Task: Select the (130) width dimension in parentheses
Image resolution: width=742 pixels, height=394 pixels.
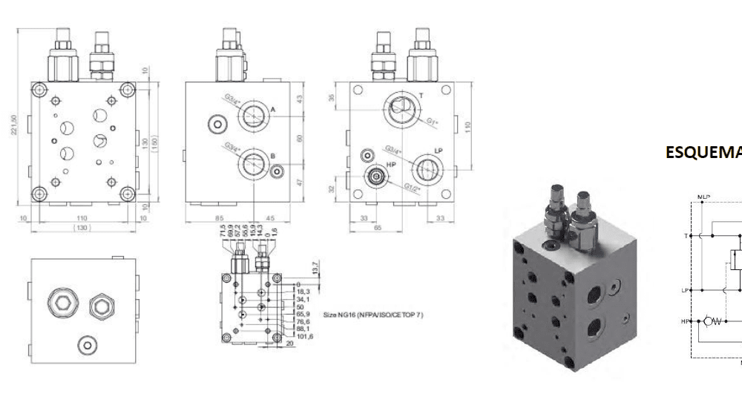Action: click(x=82, y=227)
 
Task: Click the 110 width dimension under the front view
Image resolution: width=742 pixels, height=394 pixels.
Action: click(x=82, y=218)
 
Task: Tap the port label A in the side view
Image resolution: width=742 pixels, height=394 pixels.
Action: click(x=273, y=110)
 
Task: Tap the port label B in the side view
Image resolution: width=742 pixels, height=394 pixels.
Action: click(x=273, y=156)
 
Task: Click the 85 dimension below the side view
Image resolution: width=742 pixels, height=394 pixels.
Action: click(x=219, y=218)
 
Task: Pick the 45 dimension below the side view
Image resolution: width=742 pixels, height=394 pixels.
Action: click(x=271, y=218)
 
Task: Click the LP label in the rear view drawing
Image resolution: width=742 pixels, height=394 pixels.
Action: click(x=439, y=151)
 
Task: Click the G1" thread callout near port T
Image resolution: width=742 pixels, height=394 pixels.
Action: click(x=430, y=122)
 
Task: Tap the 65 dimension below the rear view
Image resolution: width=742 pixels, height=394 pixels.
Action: click(x=376, y=229)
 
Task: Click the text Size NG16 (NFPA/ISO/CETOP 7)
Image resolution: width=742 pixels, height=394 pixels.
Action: click(x=374, y=315)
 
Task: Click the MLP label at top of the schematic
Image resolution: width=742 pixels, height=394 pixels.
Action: click(x=704, y=197)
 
